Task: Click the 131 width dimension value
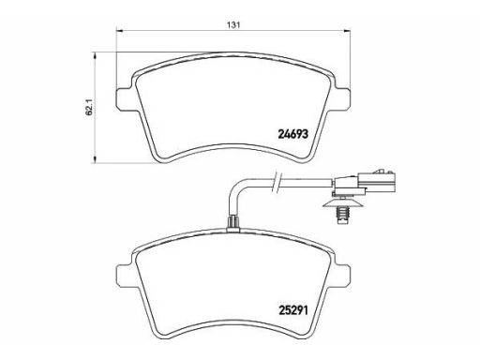point(233,25)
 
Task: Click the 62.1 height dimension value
point(89,108)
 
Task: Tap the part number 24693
point(292,134)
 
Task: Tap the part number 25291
point(292,310)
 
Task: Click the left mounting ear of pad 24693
point(124,98)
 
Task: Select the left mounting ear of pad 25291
point(124,275)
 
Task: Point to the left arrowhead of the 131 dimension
point(120,31)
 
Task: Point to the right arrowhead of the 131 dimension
point(346,31)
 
